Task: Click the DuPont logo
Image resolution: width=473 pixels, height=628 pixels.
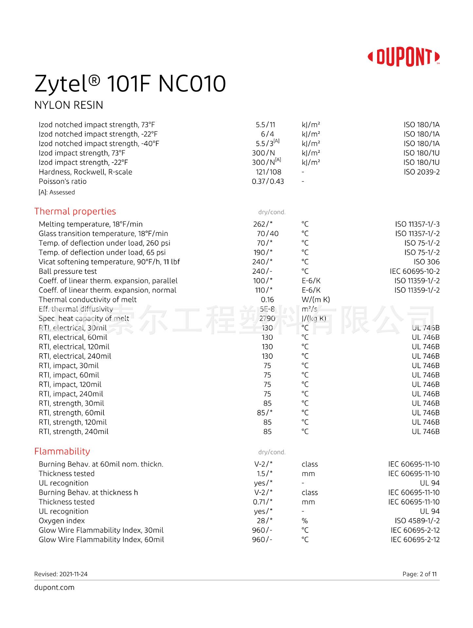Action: (x=404, y=57)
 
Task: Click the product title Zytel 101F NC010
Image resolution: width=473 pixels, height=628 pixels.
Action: (x=130, y=84)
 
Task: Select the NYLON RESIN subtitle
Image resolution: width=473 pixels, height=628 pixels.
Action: (x=69, y=105)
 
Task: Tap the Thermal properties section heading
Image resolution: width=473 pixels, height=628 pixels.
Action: (x=75, y=211)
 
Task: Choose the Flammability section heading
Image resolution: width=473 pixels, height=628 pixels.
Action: (x=62, y=451)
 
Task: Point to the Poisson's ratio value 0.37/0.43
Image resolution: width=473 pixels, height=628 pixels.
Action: (x=268, y=182)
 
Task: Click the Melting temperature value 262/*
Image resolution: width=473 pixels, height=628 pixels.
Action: (x=263, y=224)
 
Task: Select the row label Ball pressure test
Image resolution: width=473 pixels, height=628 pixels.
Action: (x=68, y=271)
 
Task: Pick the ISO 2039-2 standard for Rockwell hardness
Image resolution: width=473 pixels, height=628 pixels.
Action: (x=422, y=172)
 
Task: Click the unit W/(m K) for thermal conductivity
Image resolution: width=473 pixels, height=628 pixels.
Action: (x=316, y=300)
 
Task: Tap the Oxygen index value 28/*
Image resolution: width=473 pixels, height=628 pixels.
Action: (x=264, y=521)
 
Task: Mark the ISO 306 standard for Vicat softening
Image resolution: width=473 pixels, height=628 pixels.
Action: (x=427, y=262)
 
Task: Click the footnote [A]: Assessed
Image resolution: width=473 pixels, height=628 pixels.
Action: (x=57, y=192)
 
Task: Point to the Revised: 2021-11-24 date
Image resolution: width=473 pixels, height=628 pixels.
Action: (x=61, y=574)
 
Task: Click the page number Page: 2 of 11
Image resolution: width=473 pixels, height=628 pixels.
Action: (x=419, y=574)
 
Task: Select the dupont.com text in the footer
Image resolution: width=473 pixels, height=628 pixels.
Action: (x=54, y=587)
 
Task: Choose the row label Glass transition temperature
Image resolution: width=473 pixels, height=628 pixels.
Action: (x=103, y=234)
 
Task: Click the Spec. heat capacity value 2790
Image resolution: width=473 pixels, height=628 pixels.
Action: (x=267, y=319)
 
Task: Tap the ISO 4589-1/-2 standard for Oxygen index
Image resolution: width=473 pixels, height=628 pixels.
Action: (x=417, y=521)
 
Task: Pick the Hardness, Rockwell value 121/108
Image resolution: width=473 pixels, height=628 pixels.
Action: (x=268, y=172)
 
